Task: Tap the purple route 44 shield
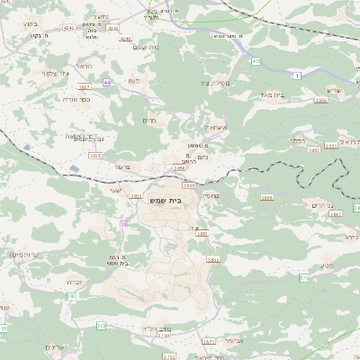click(107, 82)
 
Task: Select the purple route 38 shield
click(123, 224)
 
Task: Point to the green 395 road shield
click(256, 61)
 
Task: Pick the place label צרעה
click(123, 166)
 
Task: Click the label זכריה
click(76, 282)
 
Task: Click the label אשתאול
click(210, 128)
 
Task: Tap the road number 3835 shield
click(95, 156)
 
